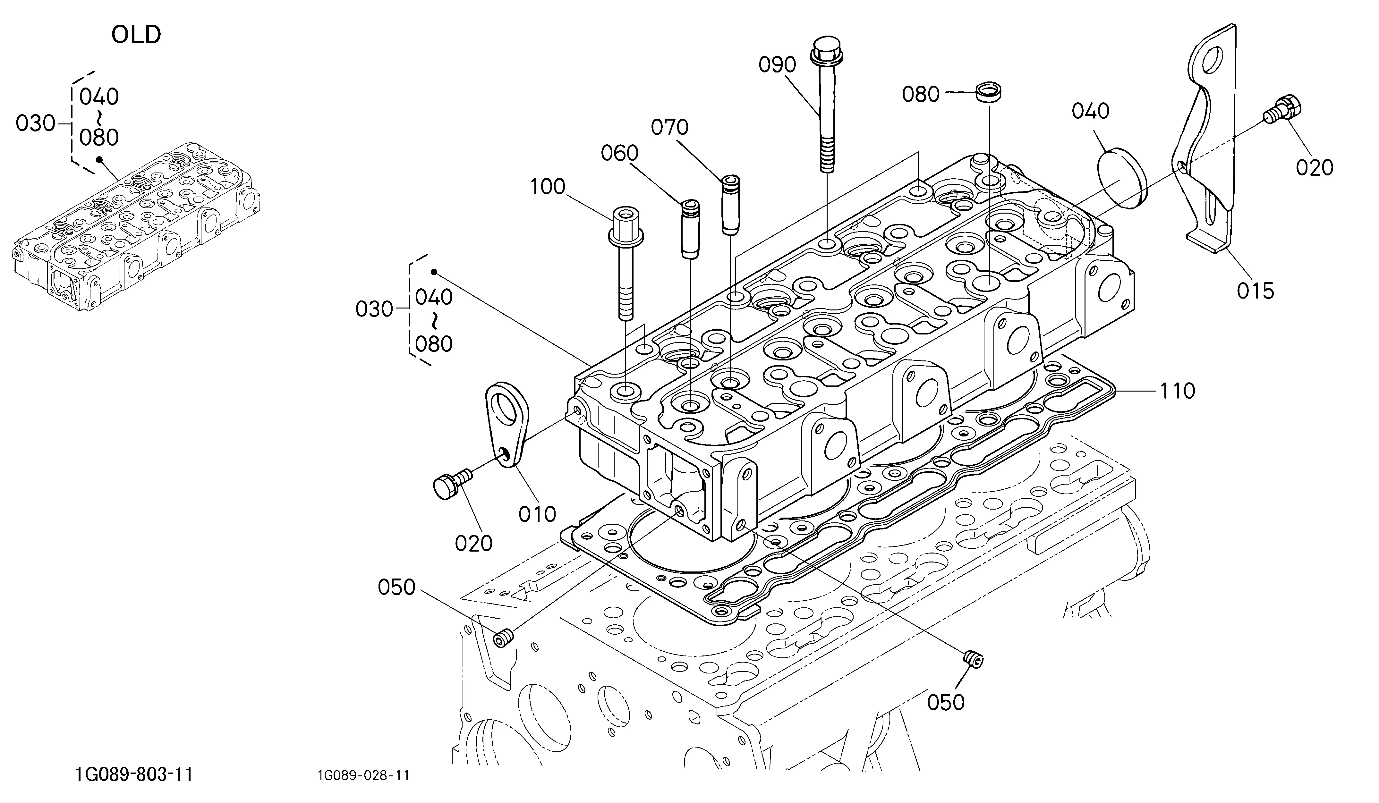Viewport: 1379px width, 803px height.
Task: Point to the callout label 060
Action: tap(619, 153)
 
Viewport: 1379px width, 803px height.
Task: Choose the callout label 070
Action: tap(669, 127)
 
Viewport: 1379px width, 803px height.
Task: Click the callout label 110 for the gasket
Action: tap(1178, 391)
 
